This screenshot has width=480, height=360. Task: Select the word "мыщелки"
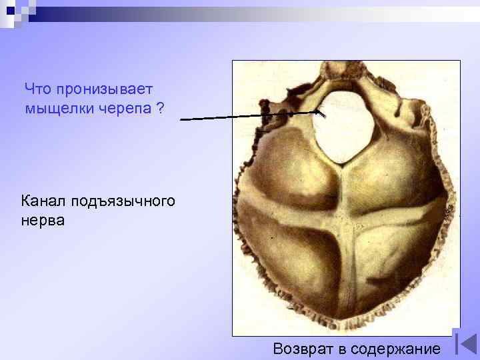pyautogui.click(x=57, y=107)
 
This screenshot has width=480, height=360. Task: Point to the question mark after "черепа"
pyautogui.click(x=160, y=107)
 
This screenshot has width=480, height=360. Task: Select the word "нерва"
pyautogui.click(x=43, y=219)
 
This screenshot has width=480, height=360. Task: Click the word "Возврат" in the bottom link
pyautogui.click(x=303, y=347)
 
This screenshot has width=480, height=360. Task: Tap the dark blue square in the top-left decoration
pyautogui.click(x=10, y=10)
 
